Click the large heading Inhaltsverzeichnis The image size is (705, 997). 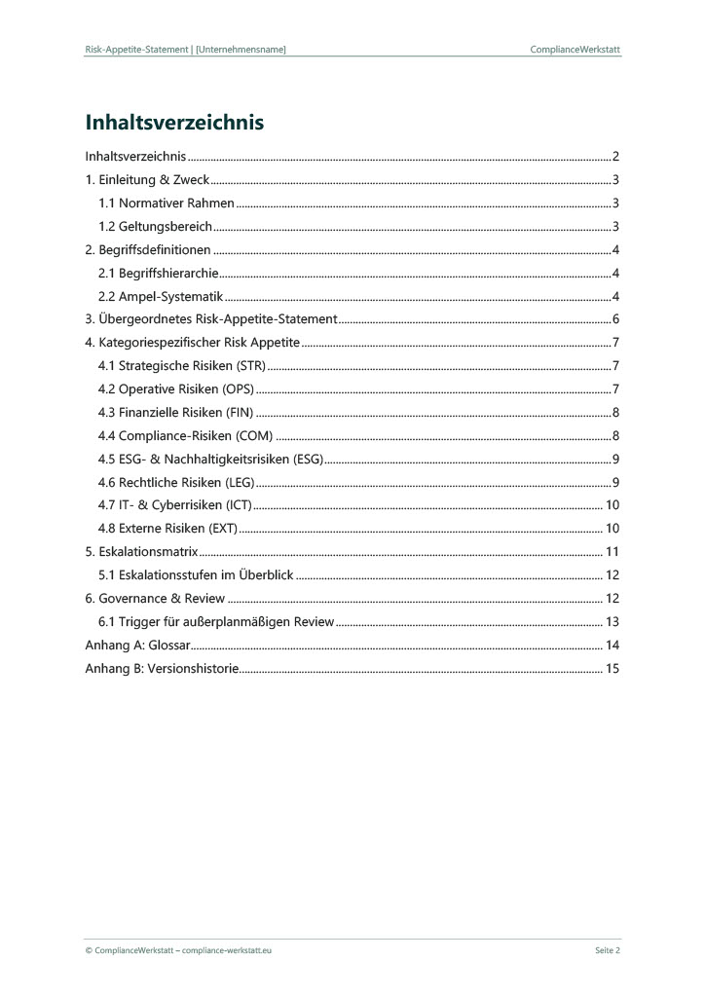pyautogui.click(x=175, y=124)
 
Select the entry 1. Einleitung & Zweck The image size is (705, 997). pyautogui.click(x=147, y=180)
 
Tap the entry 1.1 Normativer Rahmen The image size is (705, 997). pyautogui.click(x=167, y=203)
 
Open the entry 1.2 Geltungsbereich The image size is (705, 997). pyautogui.click(x=156, y=227)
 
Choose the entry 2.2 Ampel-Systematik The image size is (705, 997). pyautogui.click(x=161, y=297)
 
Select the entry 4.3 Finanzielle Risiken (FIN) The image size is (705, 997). pyautogui.click(x=175, y=413)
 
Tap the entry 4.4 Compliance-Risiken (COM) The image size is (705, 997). pyautogui.click(x=186, y=436)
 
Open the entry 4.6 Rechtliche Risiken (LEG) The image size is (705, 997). pyautogui.click(x=176, y=483)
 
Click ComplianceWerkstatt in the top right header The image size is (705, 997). pyautogui.click(x=575, y=49)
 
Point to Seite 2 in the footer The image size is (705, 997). pyautogui.click(x=608, y=950)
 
